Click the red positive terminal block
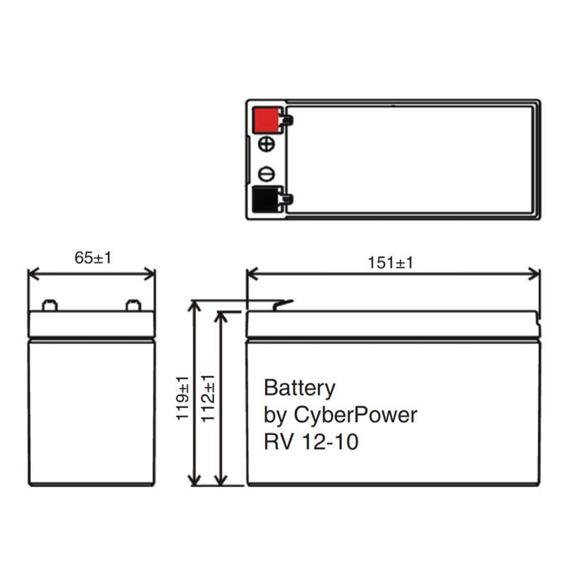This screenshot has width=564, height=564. (x=266, y=119)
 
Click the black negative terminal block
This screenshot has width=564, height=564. (x=266, y=200)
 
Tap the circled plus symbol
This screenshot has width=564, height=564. (x=266, y=145)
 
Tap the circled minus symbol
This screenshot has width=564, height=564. (x=266, y=174)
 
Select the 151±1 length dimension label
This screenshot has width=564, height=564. (x=391, y=263)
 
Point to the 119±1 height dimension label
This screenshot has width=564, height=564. (x=182, y=398)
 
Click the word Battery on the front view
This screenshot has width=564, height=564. (x=299, y=388)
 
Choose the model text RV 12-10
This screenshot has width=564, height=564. (x=311, y=443)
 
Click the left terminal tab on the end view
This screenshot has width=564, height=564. (x=49, y=306)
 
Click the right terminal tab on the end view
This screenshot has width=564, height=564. (x=133, y=306)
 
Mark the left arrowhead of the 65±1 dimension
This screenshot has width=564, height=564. (x=32, y=274)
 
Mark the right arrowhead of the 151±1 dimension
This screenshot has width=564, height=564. (x=535, y=274)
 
